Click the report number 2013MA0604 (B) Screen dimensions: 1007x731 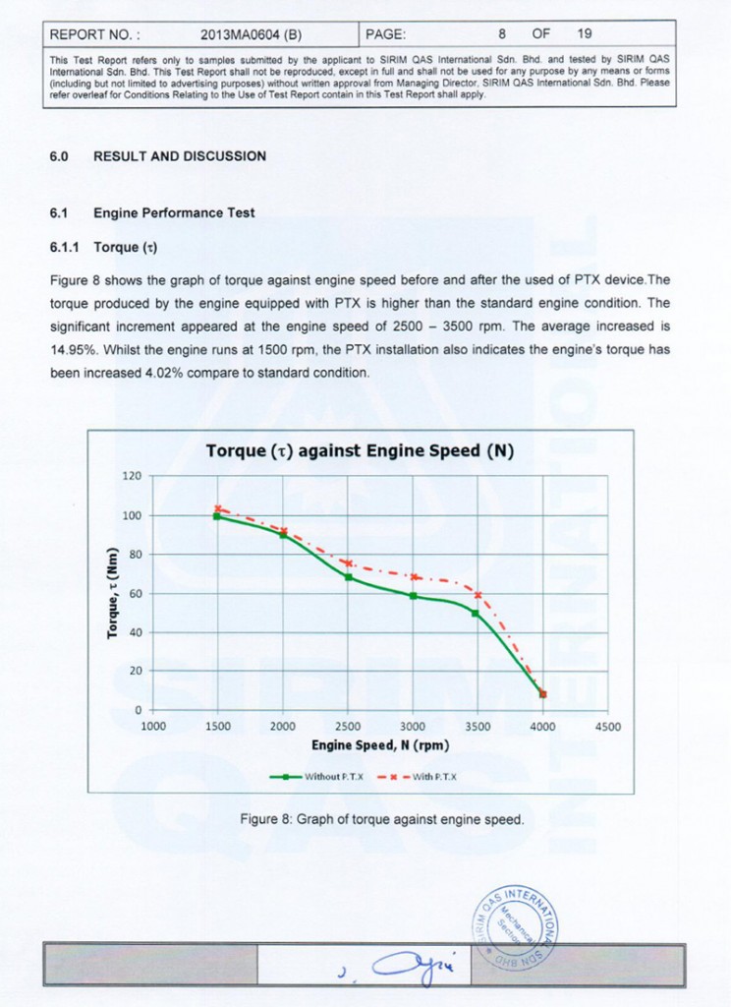(251, 34)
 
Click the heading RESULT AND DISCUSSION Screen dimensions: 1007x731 (179, 156)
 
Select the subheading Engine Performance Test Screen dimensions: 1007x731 (174, 212)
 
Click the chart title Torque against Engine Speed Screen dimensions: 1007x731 (361, 451)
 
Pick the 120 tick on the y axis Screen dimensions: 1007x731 (132, 477)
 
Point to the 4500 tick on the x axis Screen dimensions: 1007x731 (607, 727)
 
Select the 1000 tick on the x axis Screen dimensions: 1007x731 (153, 727)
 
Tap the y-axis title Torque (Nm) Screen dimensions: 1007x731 (112, 592)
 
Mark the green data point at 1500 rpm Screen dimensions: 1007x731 (218, 516)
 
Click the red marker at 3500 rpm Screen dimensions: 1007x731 (478, 595)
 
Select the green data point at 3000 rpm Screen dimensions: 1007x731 (413, 596)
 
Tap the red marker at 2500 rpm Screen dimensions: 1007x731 (348, 563)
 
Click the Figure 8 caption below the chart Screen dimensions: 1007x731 (381, 818)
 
